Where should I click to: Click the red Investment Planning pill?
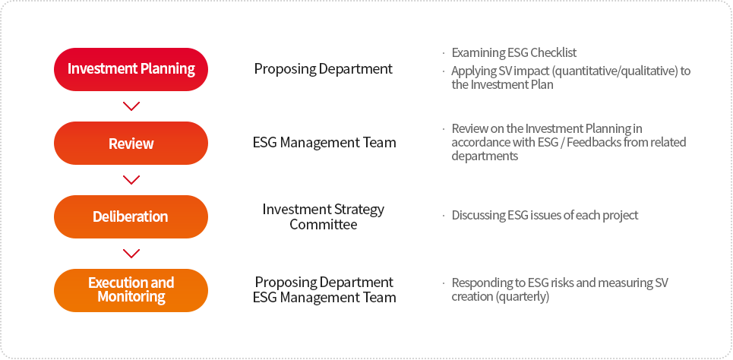click(x=131, y=69)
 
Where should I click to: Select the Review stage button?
click(x=131, y=143)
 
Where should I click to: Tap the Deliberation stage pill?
click(x=131, y=217)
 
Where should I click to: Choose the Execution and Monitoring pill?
click(x=131, y=290)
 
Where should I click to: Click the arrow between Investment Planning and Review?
click(x=131, y=106)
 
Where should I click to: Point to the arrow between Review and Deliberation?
click(x=131, y=180)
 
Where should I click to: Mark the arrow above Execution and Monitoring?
click(x=131, y=254)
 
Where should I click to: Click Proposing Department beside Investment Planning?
click(x=324, y=68)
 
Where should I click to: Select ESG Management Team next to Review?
click(x=324, y=142)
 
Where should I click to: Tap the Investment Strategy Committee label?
click(x=324, y=216)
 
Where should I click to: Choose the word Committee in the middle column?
click(x=324, y=224)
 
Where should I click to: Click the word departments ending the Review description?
click(x=485, y=156)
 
